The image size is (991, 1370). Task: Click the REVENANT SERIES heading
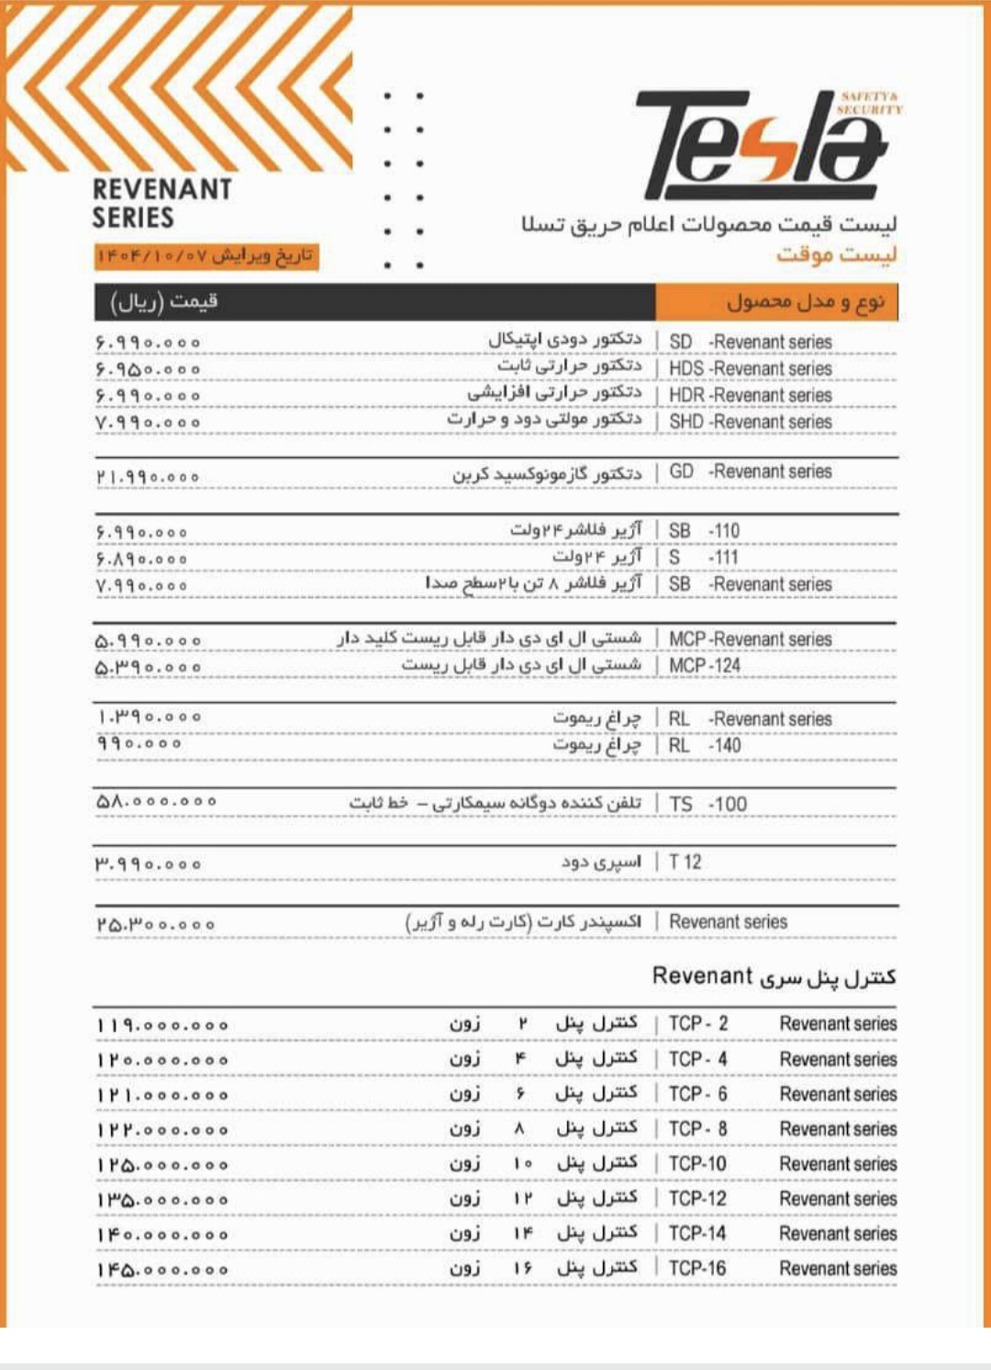161,203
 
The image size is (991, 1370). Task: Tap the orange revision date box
206,256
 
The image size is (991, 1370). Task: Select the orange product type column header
776,302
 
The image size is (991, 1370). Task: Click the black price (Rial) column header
374,302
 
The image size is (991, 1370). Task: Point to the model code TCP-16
697,1268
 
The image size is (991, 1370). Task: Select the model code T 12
685,863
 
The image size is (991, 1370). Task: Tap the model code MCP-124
705,665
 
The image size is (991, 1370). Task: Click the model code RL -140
705,745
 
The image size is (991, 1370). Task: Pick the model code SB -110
704,530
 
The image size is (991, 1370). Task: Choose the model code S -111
704,557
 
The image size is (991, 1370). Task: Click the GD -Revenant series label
751,472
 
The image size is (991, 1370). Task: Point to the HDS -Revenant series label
751,368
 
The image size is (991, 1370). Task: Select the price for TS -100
157,802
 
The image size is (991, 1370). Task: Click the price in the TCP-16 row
162,1270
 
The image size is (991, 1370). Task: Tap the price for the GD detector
148,477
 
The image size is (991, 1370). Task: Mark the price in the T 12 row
148,864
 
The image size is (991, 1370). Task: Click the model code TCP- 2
698,1024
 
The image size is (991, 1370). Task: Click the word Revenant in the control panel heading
702,976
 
